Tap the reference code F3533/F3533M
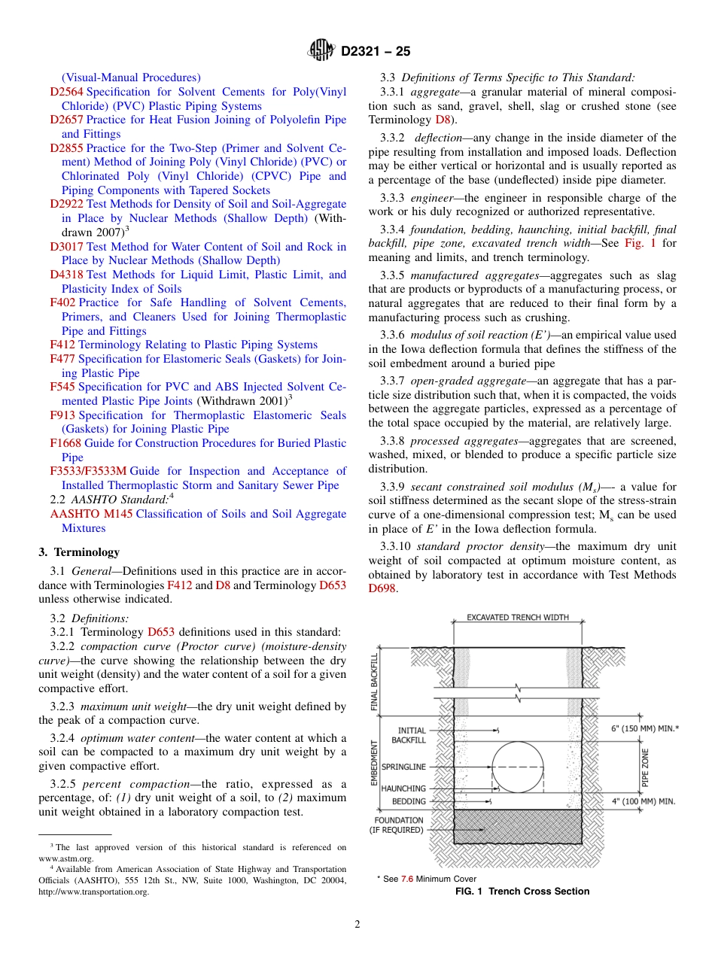click(x=88, y=471)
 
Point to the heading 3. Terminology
click(x=79, y=552)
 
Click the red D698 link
click(x=382, y=588)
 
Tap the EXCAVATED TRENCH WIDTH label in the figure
click(x=518, y=618)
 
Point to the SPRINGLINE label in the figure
click(x=403, y=767)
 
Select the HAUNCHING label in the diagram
click(x=403, y=788)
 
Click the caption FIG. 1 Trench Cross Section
click(x=522, y=892)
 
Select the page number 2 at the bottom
click(x=357, y=925)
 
